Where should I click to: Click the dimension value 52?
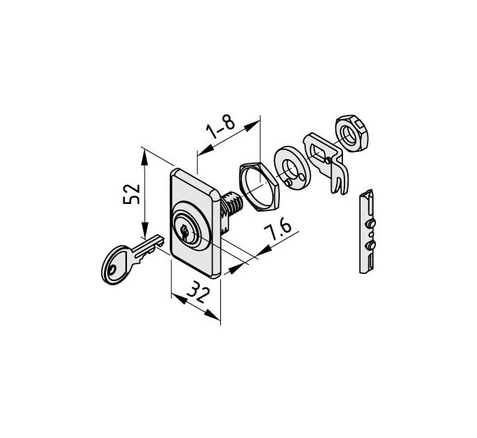pos(131,194)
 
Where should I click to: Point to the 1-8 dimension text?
pos(220,127)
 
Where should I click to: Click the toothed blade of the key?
pos(146,247)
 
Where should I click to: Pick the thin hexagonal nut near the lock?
pos(259,186)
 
